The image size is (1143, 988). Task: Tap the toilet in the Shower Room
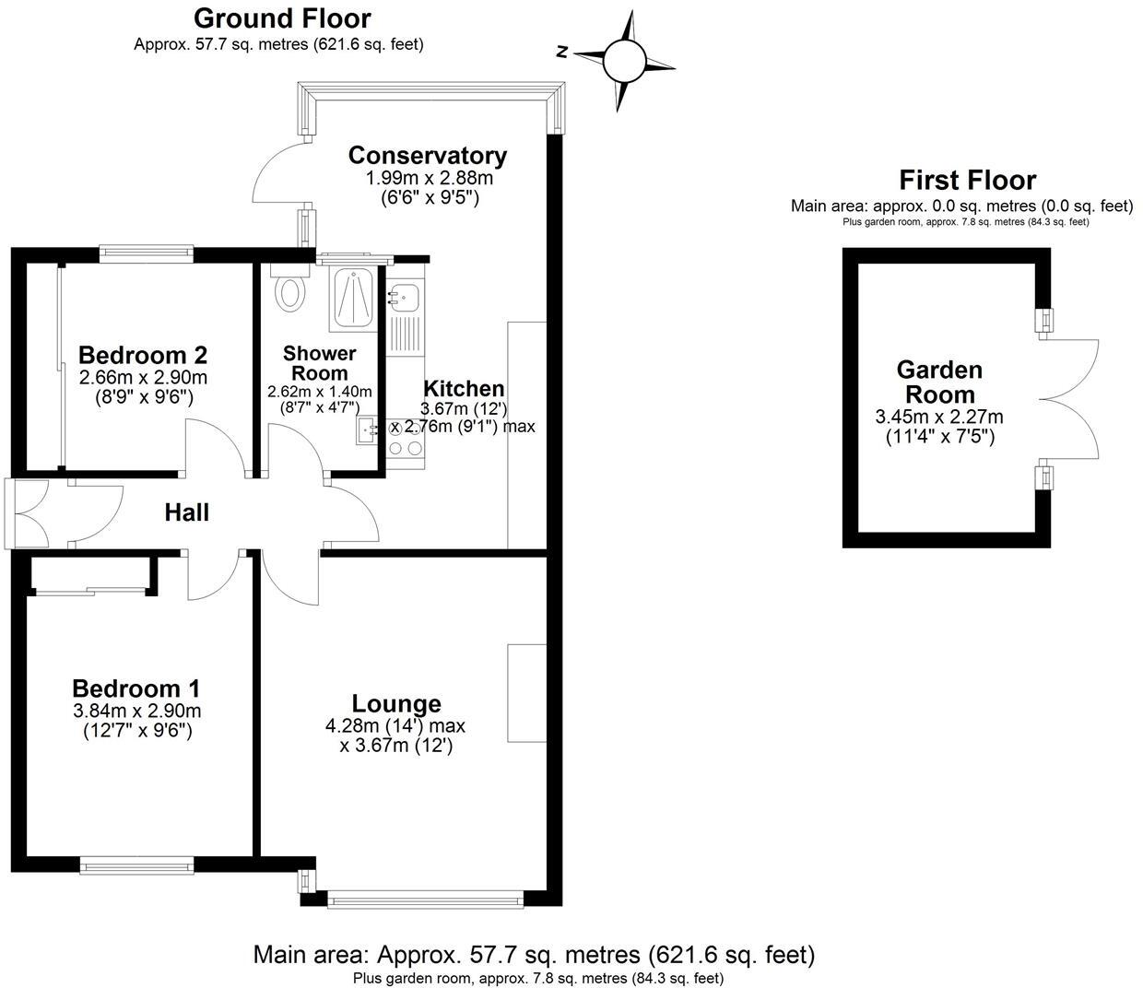pyautogui.click(x=290, y=288)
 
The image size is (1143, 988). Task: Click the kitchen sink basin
pyautogui.click(x=404, y=297)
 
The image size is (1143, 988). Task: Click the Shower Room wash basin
pyautogui.click(x=369, y=429)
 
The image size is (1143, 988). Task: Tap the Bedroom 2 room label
pyautogui.click(x=143, y=355)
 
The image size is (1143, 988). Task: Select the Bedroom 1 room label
pyautogui.click(x=136, y=688)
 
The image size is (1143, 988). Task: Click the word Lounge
pyautogui.click(x=396, y=704)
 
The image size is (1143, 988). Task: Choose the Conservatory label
pyautogui.click(x=428, y=156)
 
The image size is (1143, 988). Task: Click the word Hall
pyautogui.click(x=187, y=512)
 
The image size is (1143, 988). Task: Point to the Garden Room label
pyautogui.click(x=939, y=382)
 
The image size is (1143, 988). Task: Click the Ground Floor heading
pyautogui.click(x=283, y=18)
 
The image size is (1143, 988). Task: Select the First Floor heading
pyautogui.click(x=967, y=180)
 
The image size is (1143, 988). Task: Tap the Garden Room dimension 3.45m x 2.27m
pyautogui.click(x=939, y=417)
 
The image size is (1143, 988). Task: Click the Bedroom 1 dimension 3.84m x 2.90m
pyautogui.click(x=136, y=712)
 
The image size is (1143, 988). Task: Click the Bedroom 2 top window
pyautogui.click(x=147, y=249)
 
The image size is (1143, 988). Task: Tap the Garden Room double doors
pyautogui.click(x=1069, y=399)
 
